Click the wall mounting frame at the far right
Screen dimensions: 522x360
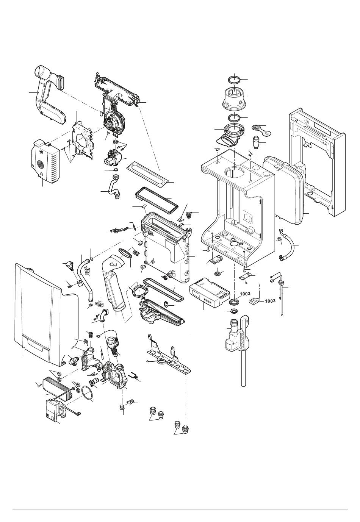point(318,163)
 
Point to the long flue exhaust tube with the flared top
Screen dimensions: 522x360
point(116,288)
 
